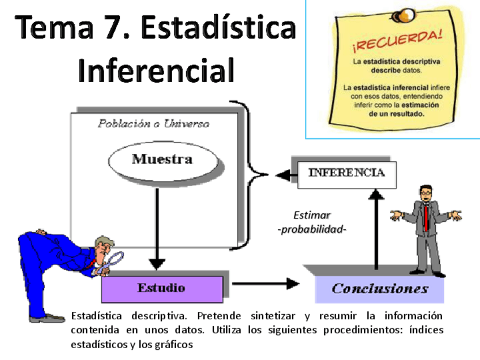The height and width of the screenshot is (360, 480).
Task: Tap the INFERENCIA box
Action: point(346,173)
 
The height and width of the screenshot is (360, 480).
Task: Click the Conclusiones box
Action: point(379,289)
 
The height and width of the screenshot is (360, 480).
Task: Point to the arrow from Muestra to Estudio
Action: point(157,226)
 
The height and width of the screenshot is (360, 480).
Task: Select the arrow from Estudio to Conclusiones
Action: point(266,283)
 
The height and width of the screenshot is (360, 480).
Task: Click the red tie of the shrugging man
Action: point(426,217)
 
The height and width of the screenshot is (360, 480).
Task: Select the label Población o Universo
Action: point(153,123)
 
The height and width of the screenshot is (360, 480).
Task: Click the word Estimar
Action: point(312,216)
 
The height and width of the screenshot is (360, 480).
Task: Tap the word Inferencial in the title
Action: point(156,71)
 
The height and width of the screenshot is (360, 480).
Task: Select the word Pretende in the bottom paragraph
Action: point(224,315)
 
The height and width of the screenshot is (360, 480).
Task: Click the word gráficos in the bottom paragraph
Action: point(174,344)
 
